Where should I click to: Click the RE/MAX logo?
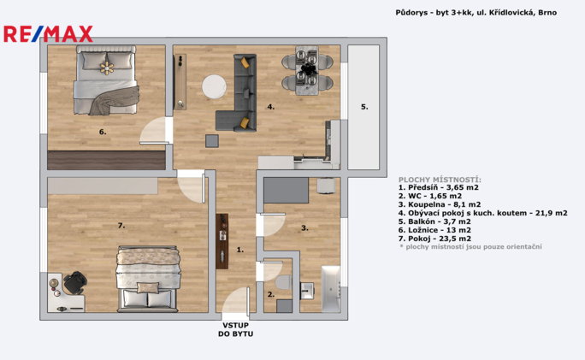pyautogui.click(x=48, y=34)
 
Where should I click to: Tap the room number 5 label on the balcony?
pyautogui.click(x=364, y=107)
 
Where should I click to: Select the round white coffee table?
pyautogui.click(x=214, y=86)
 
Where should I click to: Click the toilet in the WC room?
pyautogui.click(x=284, y=282)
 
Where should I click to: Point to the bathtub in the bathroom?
pyautogui.click(x=331, y=289)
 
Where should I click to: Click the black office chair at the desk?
pyautogui.click(x=75, y=283)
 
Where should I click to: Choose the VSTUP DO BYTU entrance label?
pyautogui.click(x=235, y=330)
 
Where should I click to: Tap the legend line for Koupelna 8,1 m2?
pyautogui.click(x=440, y=204)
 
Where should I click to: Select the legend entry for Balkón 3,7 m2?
pyautogui.click(x=434, y=221)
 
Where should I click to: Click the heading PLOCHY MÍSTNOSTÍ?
pyautogui.click(x=440, y=180)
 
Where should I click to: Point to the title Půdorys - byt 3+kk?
pyautogui.click(x=434, y=13)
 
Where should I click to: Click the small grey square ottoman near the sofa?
pyautogui.click(x=212, y=141)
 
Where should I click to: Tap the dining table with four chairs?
pyautogui.click(x=307, y=70)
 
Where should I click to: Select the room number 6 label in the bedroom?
pyautogui.click(x=103, y=132)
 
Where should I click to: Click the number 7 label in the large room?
pyautogui.click(x=121, y=226)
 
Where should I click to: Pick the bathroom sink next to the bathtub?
pyautogui.click(x=307, y=290)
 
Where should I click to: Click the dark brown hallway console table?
pyautogui.click(x=222, y=241)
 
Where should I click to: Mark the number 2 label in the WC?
pyautogui.click(x=271, y=295)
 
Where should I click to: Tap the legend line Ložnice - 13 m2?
pyautogui.click(x=434, y=230)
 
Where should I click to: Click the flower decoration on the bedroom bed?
pyautogui.click(x=107, y=68)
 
